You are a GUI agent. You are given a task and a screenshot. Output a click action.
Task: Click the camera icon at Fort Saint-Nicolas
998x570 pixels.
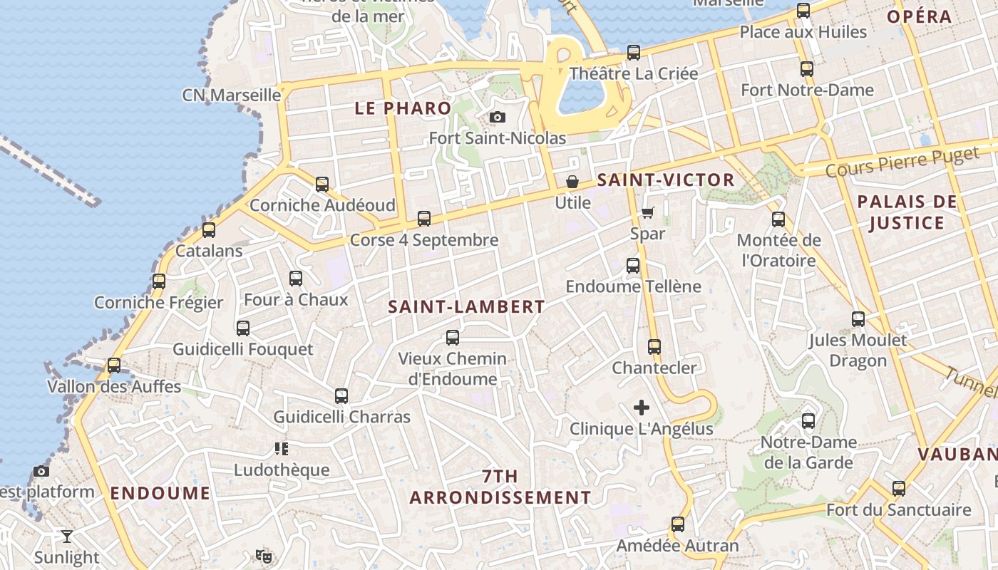tap(498, 118)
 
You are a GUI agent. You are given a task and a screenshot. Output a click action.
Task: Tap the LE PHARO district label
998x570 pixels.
tap(403, 108)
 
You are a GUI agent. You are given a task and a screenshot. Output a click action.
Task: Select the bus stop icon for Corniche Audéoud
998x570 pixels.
tap(322, 185)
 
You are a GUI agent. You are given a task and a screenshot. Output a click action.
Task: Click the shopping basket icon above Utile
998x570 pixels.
tap(572, 182)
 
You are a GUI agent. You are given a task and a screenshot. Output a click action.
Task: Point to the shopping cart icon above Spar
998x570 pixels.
tap(647, 212)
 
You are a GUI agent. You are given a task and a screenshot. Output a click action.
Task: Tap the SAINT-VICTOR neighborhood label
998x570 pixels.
tap(665, 180)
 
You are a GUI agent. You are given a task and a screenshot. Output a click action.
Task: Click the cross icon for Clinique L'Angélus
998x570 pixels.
tap(642, 408)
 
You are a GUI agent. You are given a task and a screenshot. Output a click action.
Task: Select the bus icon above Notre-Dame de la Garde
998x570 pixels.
tap(808, 421)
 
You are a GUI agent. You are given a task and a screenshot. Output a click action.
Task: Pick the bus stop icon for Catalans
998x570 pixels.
tap(209, 230)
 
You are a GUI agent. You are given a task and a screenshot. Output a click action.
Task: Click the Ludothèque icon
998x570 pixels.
tap(282, 449)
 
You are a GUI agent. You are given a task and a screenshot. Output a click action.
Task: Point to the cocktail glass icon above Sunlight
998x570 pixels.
tap(67, 536)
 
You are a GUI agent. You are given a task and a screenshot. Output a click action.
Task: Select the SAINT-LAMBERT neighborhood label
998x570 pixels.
tap(466, 307)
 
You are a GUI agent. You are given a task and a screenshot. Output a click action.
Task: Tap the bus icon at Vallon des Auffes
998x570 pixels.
tap(113, 366)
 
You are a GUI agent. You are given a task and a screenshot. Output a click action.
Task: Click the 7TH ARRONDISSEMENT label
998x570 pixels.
tap(500, 487)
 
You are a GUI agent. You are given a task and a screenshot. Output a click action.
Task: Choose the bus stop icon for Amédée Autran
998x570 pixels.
tap(677, 525)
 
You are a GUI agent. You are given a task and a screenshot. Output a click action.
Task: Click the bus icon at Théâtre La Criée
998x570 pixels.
tap(633, 53)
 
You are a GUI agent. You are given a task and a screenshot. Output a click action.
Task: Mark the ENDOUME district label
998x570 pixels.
tap(160, 493)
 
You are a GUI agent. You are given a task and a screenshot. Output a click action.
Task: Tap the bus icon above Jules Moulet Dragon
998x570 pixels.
tap(858, 319)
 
